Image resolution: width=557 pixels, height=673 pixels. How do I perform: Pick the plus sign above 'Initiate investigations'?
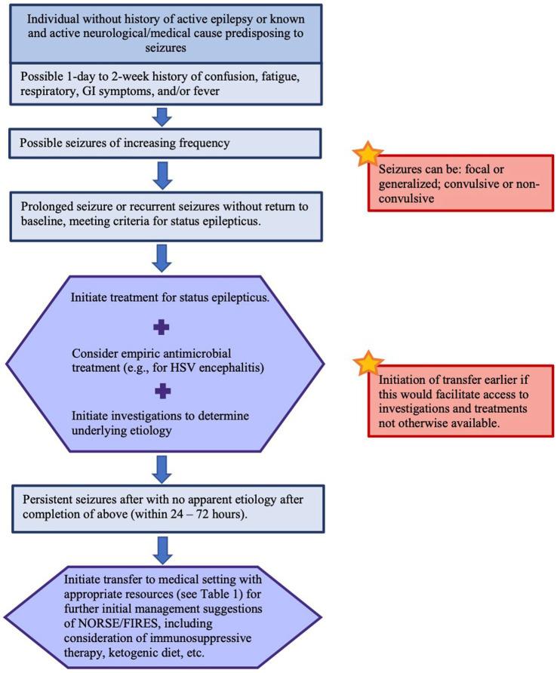coord(161,390)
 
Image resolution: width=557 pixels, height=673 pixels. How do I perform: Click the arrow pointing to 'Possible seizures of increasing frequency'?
coord(162,115)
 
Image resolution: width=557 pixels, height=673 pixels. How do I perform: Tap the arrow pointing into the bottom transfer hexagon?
coord(162,549)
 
